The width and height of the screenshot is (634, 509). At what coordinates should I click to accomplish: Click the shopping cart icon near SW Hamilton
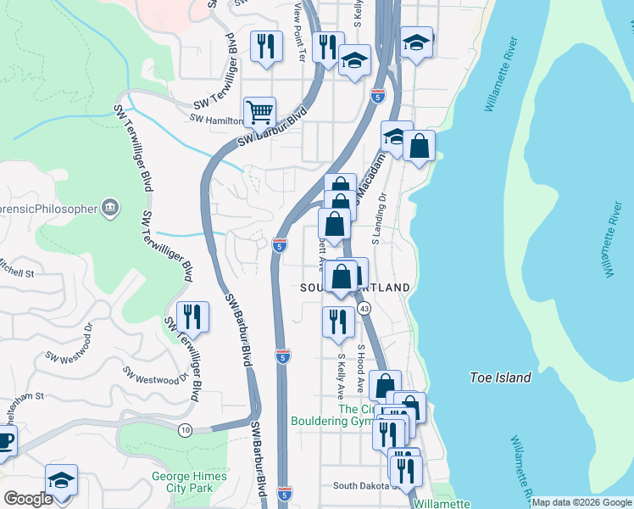pyautogui.click(x=259, y=111)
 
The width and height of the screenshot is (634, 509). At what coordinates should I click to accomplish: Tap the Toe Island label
pyautogui.click(x=501, y=378)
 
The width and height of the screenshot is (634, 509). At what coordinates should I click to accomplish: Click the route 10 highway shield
pyautogui.click(x=185, y=431)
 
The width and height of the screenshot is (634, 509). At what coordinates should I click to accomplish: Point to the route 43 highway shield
pyautogui.click(x=363, y=307)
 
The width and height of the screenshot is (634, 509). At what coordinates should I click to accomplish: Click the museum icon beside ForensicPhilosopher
pyautogui.click(x=109, y=207)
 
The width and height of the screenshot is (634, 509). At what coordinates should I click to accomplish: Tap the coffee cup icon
pyautogui.click(x=4, y=442)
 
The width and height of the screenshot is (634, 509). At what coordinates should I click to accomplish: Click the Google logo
pyautogui.click(x=28, y=499)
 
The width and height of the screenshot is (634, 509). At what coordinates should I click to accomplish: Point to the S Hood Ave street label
pyautogui.click(x=361, y=367)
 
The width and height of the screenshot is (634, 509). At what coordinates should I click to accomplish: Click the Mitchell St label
pyautogui.click(x=16, y=273)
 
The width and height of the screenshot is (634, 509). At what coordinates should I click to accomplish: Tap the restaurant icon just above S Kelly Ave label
pyautogui.click(x=338, y=321)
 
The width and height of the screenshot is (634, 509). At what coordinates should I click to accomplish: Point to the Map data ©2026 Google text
pyautogui.click(x=581, y=502)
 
